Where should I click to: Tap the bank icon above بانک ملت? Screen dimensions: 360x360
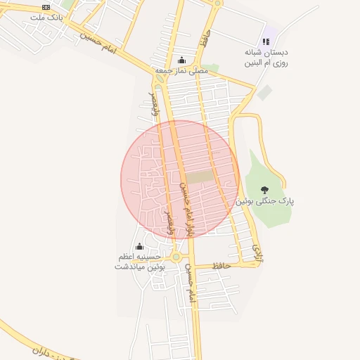[46, 6]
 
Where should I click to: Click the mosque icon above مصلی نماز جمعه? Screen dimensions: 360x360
[183, 60]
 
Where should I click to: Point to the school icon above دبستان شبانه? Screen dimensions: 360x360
[266, 41]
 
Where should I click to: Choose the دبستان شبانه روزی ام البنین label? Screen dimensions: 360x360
[267, 58]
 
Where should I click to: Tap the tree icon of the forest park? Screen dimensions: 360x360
[264, 189]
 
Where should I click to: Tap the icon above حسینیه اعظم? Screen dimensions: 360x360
[139, 247]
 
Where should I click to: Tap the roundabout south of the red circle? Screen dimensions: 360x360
[176, 257]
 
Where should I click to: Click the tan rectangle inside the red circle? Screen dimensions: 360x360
[200, 178]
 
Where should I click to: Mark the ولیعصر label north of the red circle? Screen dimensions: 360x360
[153, 103]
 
